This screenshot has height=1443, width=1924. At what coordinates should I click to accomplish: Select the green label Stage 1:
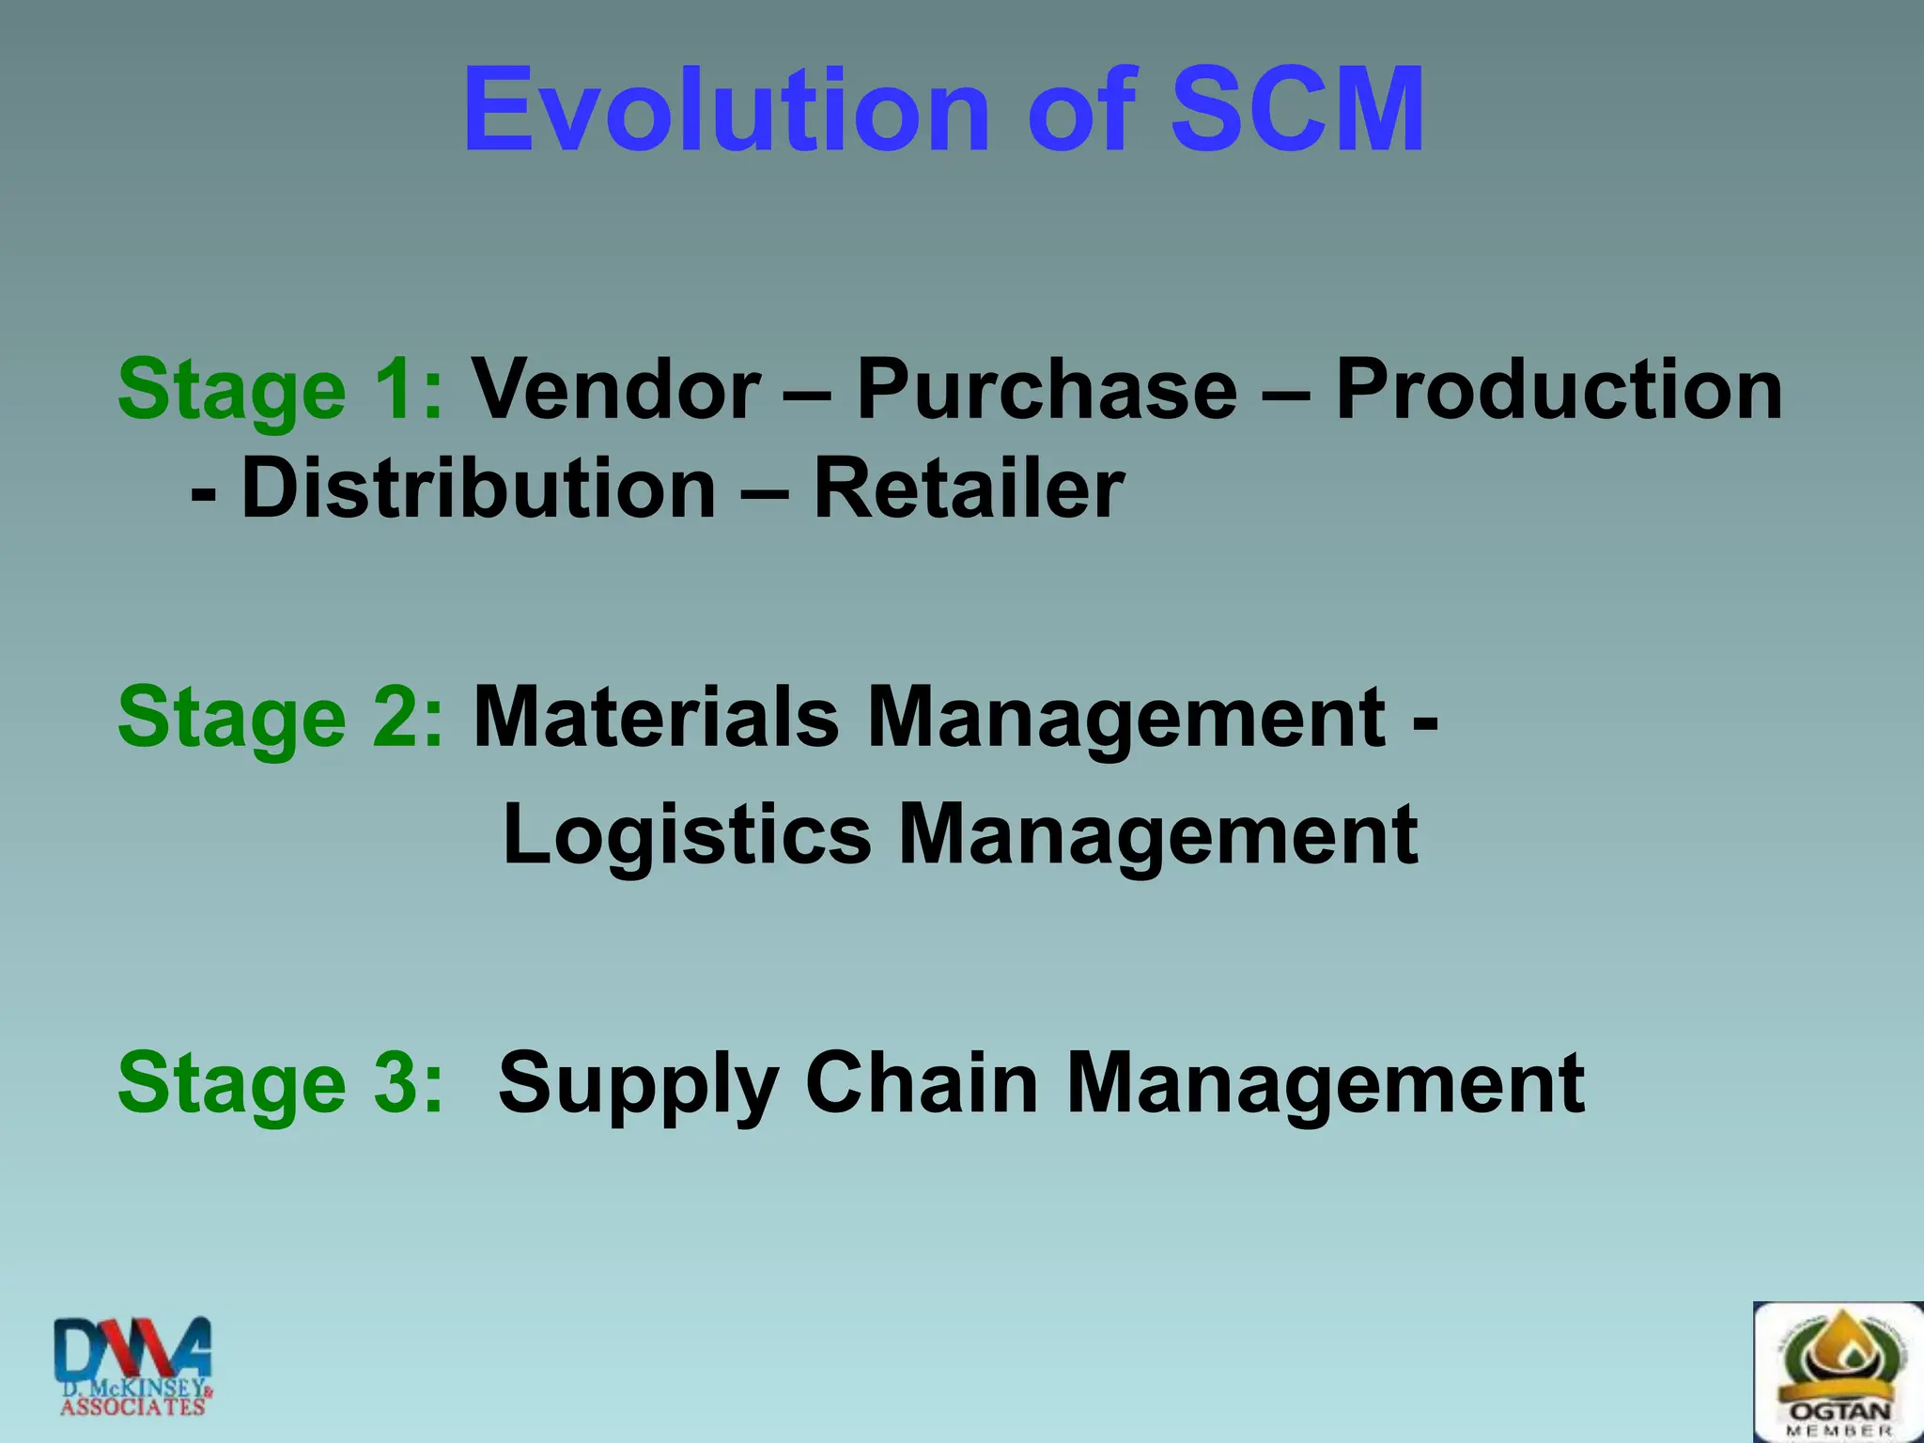pyautogui.click(x=280, y=390)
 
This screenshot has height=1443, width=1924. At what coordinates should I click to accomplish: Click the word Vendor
pyautogui.click(x=615, y=390)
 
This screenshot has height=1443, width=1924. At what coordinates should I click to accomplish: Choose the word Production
pyautogui.click(x=1559, y=390)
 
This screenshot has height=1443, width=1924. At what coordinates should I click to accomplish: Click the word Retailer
pyautogui.click(x=968, y=489)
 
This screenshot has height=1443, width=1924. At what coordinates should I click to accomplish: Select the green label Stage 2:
pyautogui.click(x=280, y=717)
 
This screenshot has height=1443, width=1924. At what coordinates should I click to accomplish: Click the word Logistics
pyautogui.click(x=687, y=834)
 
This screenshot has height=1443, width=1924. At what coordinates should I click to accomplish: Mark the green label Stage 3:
pyautogui.click(x=280, y=1082)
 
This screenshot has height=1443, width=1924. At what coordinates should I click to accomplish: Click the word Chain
pyautogui.click(x=922, y=1082)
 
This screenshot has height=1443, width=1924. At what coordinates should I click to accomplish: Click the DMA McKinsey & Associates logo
pyautogui.click(x=132, y=1366)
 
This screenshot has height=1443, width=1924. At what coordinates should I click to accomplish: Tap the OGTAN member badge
pyautogui.click(x=1838, y=1372)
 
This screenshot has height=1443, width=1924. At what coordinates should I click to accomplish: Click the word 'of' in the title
pyautogui.click(x=1081, y=110)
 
